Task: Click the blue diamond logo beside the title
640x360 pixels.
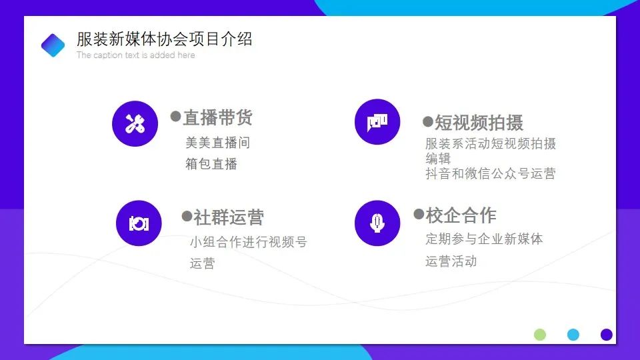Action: (x=53, y=45)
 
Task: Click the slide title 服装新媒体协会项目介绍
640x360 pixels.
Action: (x=165, y=39)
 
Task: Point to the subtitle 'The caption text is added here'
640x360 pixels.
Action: (x=135, y=55)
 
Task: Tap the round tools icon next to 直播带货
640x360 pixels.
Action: (x=135, y=123)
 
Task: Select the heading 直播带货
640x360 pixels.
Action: (x=218, y=117)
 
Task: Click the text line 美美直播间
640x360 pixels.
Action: (x=217, y=143)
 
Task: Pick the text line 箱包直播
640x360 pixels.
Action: (x=211, y=164)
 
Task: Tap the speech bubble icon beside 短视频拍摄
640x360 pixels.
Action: (x=377, y=121)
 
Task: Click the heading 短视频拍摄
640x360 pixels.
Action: (x=479, y=123)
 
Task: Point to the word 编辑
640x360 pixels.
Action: (x=438, y=159)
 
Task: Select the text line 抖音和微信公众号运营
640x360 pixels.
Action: (x=491, y=173)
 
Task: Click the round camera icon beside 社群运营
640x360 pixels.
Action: (x=139, y=223)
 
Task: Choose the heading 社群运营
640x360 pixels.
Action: (x=229, y=217)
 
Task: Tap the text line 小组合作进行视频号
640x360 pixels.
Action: (x=249, y=242)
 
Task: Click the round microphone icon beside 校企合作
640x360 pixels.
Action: (x=377, y=223)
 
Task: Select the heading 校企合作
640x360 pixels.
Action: (x=461, y=215)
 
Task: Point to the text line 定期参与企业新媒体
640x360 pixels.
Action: (x=484, y=239)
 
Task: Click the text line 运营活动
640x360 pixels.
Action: (x=451, y=261)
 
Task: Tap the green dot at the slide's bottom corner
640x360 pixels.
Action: (x=540, y=335)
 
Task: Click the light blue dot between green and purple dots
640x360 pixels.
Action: (x=573, y=335)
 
